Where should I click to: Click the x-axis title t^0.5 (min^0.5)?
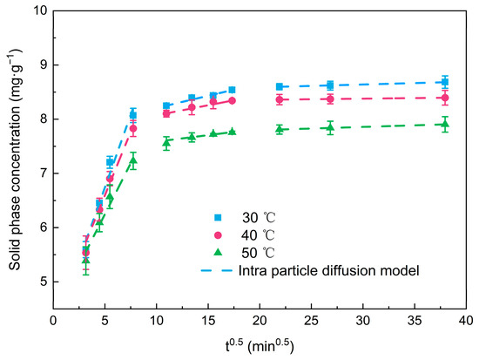(259, 346)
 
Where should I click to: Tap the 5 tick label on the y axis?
(42, 282)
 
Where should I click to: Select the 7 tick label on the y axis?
(42, 173)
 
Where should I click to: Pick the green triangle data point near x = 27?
(330, 127)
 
